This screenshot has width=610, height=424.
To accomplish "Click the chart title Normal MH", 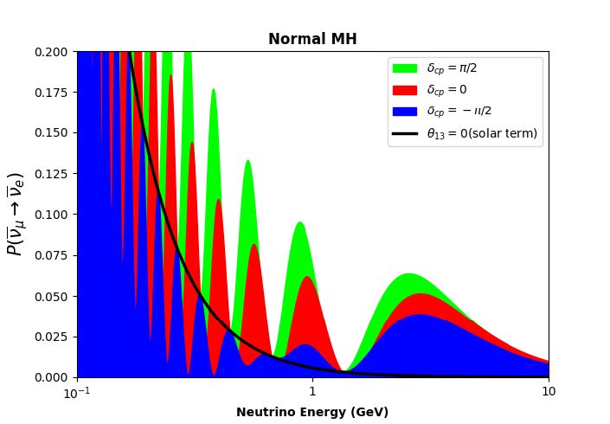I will pyautogui.click(x=311, y=39).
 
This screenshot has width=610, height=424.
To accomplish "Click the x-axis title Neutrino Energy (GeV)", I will pyautogui.click(x=311, y=412).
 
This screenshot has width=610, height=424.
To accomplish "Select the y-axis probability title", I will pyautogui.click(x=15, y=214).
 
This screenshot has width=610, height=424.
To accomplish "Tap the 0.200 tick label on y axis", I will pyautogui.click(x=53, y=52).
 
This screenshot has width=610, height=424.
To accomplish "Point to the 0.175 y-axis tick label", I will pyautogui.click(x=53, y=93).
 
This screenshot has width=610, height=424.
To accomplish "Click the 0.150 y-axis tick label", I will pyautogui.click(x=53, y=133).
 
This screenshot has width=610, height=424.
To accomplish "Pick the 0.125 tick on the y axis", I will pyautogui.click(x=53, y=174).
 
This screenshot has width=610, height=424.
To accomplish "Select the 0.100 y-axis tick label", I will pyautogui.click(x=53, y=215).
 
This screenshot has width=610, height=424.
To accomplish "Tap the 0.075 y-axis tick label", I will pyautogui.click(x=53, y=255).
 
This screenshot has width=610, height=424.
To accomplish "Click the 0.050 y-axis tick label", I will pyautogui.click(x=53, y=296).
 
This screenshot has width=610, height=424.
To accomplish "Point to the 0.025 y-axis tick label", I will pyautogui.click(x=53, y=337).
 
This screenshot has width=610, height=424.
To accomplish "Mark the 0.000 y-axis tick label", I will pyautogui.click(x=53, y=377).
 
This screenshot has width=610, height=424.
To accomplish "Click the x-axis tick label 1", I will pyautogui.click(x=312, y=391).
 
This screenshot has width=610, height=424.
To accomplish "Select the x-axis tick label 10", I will pyautogui.click(x=548, y=391).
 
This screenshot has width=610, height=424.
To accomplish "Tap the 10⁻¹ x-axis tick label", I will pyautogui.click(x=78, y=391).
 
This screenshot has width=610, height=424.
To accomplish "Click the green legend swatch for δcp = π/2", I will pyautogui.click(x=404, y=68).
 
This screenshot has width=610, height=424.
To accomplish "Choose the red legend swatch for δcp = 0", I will pyautogui.click(x=404, y=90).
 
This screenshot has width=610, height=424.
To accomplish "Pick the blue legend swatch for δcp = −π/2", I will pyautogui.click(x=404, y=112).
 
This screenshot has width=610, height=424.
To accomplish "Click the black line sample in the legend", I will pyautogui.click(x=404, y=133).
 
